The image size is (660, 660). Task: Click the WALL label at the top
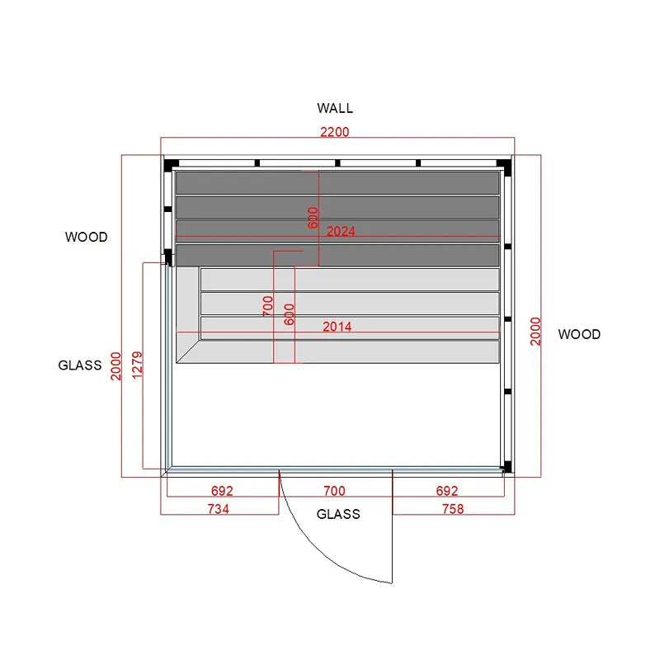pyautogui.click(x=335, y=108)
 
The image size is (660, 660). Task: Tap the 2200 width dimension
pyautogui.click(x=335, y=132)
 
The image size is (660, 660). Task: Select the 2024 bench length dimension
pyautogui.click(x=341, y=231)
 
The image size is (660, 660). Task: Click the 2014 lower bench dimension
pyautogui.click(x=337, y=327)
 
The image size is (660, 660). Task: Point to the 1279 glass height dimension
pyautogui.click(x=137, y=365)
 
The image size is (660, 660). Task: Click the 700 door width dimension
pyautogui.click(x=334, y=491)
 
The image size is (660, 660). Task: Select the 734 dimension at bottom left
pyautogui.click(x=218, y=509)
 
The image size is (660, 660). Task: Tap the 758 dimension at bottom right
pyautogui.click(x=453, y=509)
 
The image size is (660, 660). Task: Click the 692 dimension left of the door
pyautogui.click(x=222, y=491)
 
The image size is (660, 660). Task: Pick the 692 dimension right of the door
pyautogui.click(x=446, y=491)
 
